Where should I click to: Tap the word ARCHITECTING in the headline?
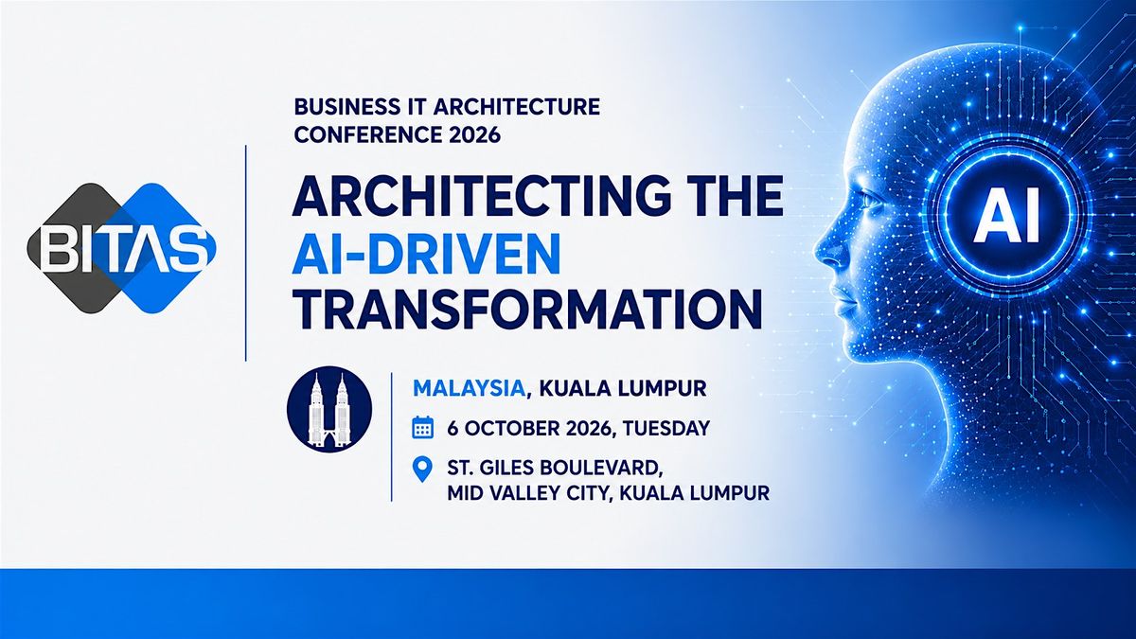(x=465, y=196)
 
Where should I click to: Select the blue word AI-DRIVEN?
(x=427, y=254)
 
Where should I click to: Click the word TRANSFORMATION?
(x=528, y=311)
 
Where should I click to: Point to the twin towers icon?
(x=329, y=409)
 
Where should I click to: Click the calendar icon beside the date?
(x=422, y=428)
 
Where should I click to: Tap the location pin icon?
(x=422, y=470)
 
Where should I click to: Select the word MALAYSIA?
(x=469, y=389)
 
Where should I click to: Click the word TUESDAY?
(x=666, y=429)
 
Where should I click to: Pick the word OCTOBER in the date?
(x=512, y=429)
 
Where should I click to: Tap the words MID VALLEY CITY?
(x=526, y=493)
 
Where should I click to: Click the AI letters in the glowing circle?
(x=1007, y=215)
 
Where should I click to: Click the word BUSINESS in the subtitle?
(x=338, y=107)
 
